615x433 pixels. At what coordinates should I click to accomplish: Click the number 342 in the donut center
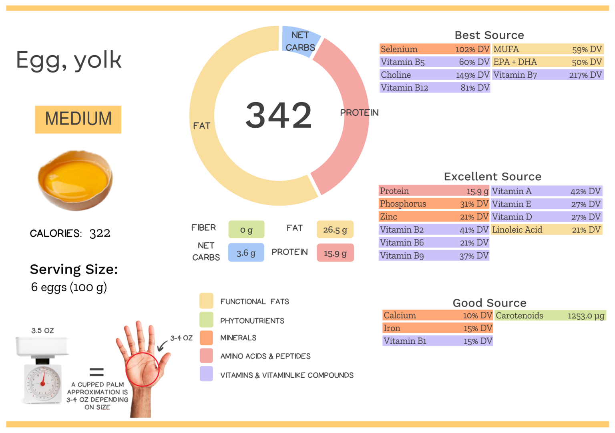coord(278,115)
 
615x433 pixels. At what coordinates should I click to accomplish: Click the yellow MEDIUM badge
coord(78,119)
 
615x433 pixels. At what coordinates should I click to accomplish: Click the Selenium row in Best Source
coord(434,49)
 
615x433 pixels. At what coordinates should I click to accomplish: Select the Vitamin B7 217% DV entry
coord(547,75)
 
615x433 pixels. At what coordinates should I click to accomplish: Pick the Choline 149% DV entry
coord(434,75)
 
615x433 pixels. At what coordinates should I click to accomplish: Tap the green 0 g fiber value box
coord(246,230)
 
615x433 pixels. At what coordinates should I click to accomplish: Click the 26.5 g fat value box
coord(335,230)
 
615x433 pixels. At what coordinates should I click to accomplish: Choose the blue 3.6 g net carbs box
coord(246,253)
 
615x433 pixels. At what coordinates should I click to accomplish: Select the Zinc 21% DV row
coord(434,217)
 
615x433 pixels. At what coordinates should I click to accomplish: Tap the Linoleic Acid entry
coord(547,230)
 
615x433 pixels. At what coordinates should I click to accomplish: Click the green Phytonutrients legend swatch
coord(206,320)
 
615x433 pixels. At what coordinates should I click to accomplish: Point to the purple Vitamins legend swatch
coord(206,374)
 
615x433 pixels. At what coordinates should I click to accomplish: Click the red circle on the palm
coord(143,369)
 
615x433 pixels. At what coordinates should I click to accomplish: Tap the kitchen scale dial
coord(43,383)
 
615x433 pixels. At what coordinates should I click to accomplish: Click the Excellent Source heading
coord(492,177)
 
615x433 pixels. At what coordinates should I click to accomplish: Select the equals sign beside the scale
coord(96,372)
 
